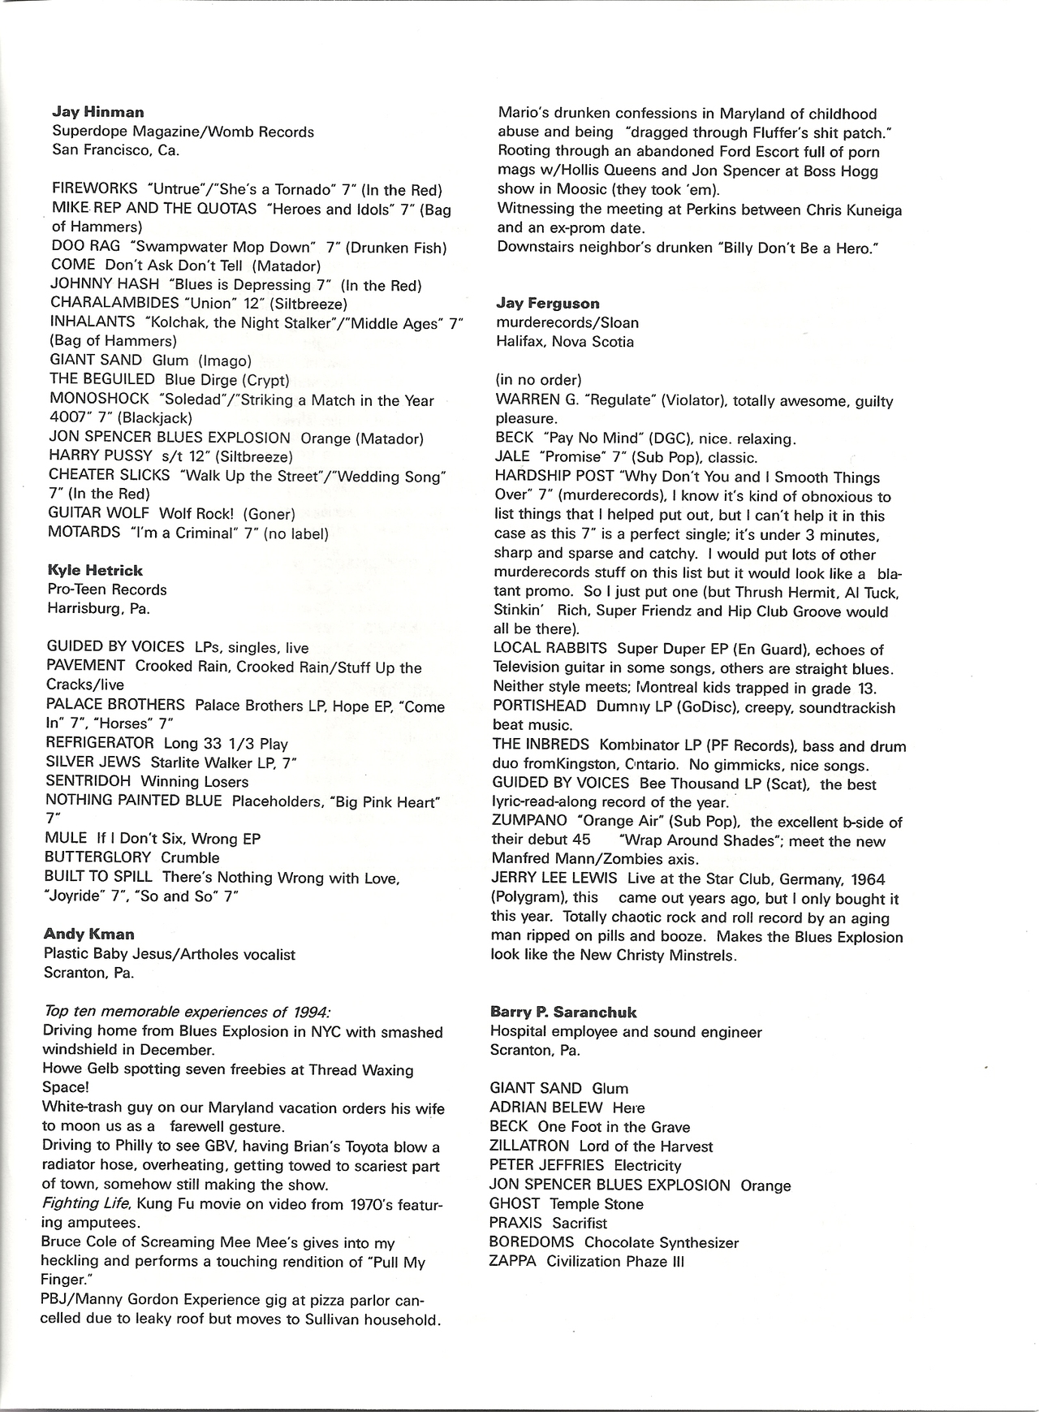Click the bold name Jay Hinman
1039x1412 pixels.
point(97,112)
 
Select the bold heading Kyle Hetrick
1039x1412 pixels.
point(95,570)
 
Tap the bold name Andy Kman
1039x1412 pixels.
point(89,934)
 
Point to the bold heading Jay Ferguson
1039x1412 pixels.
point(548,304)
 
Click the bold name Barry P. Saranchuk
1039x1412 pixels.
point(563,1012)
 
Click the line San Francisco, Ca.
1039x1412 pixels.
point(115,149)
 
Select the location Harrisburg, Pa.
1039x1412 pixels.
point(98,608)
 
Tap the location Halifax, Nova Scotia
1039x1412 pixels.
point(565,341)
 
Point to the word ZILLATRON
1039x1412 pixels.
point(529,1146)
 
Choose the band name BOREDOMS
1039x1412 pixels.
point(531,1242)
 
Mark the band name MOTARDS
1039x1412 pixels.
point(84,533)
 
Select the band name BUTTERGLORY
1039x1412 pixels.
point(98,857)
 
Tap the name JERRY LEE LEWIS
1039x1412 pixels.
point(554,879)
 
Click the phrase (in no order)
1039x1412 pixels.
point(538,379)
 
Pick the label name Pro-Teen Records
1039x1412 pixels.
point(106,589)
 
